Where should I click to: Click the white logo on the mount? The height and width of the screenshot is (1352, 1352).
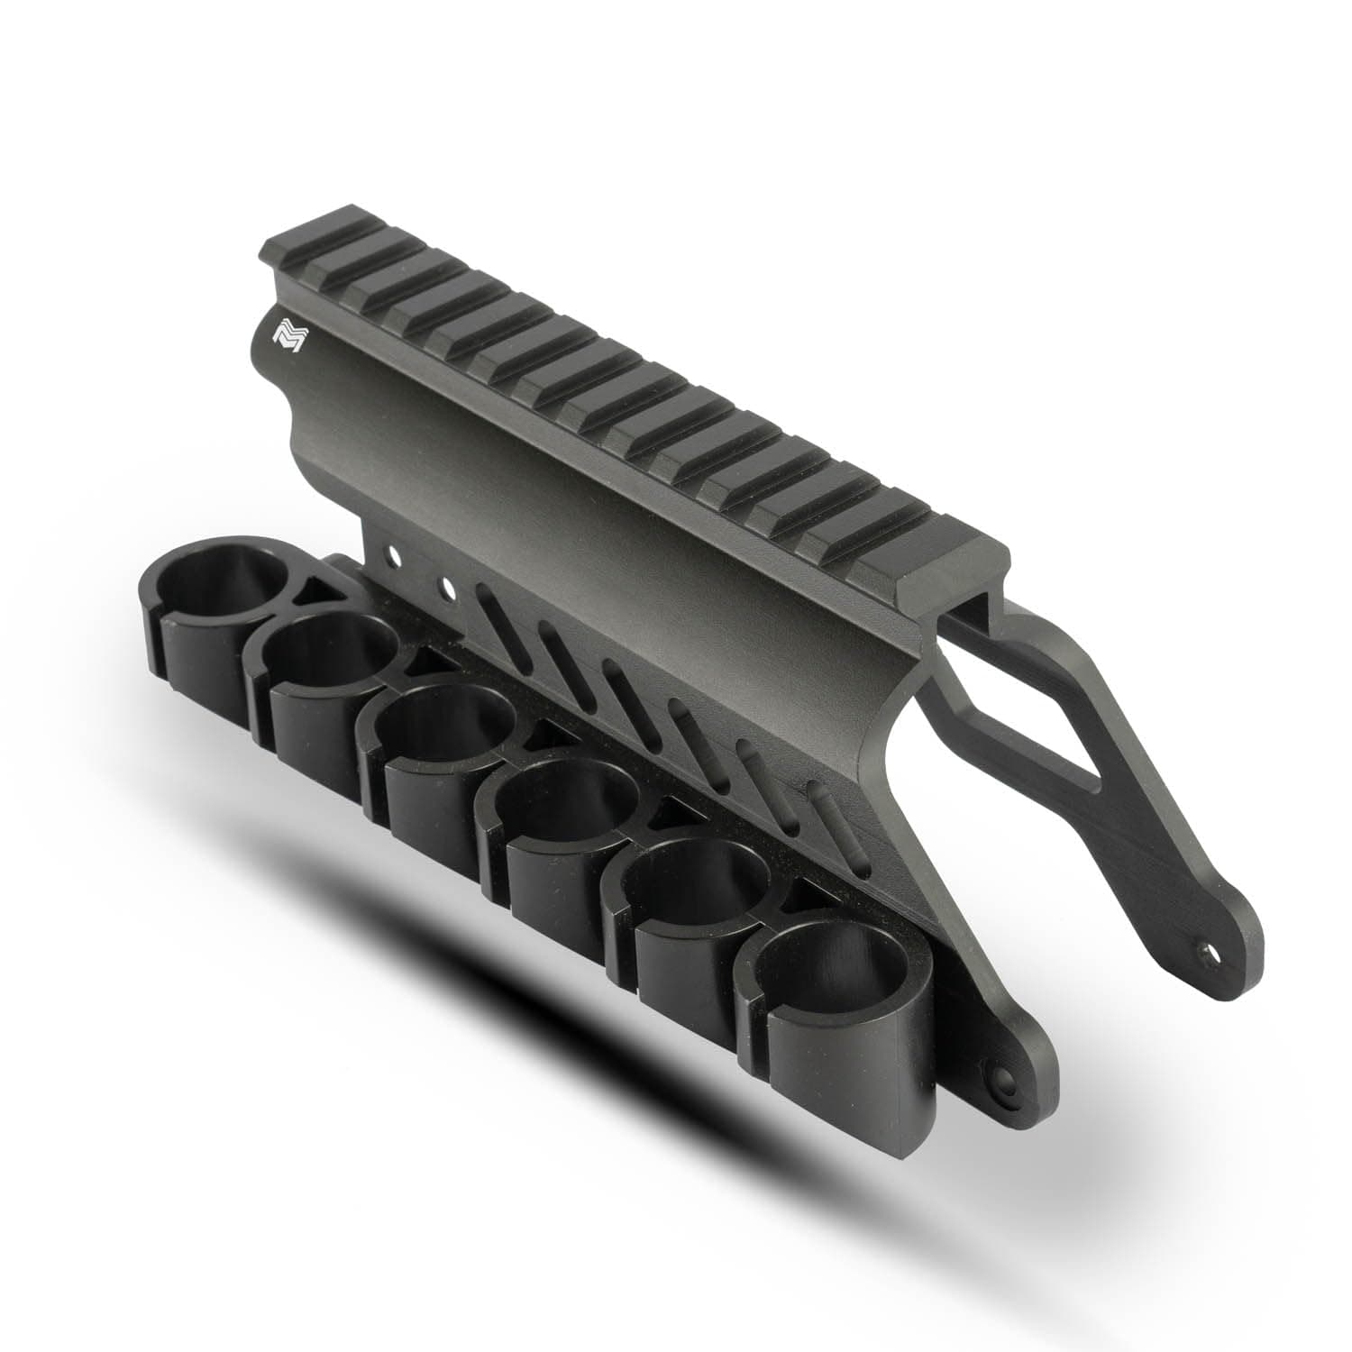(289, 336)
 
